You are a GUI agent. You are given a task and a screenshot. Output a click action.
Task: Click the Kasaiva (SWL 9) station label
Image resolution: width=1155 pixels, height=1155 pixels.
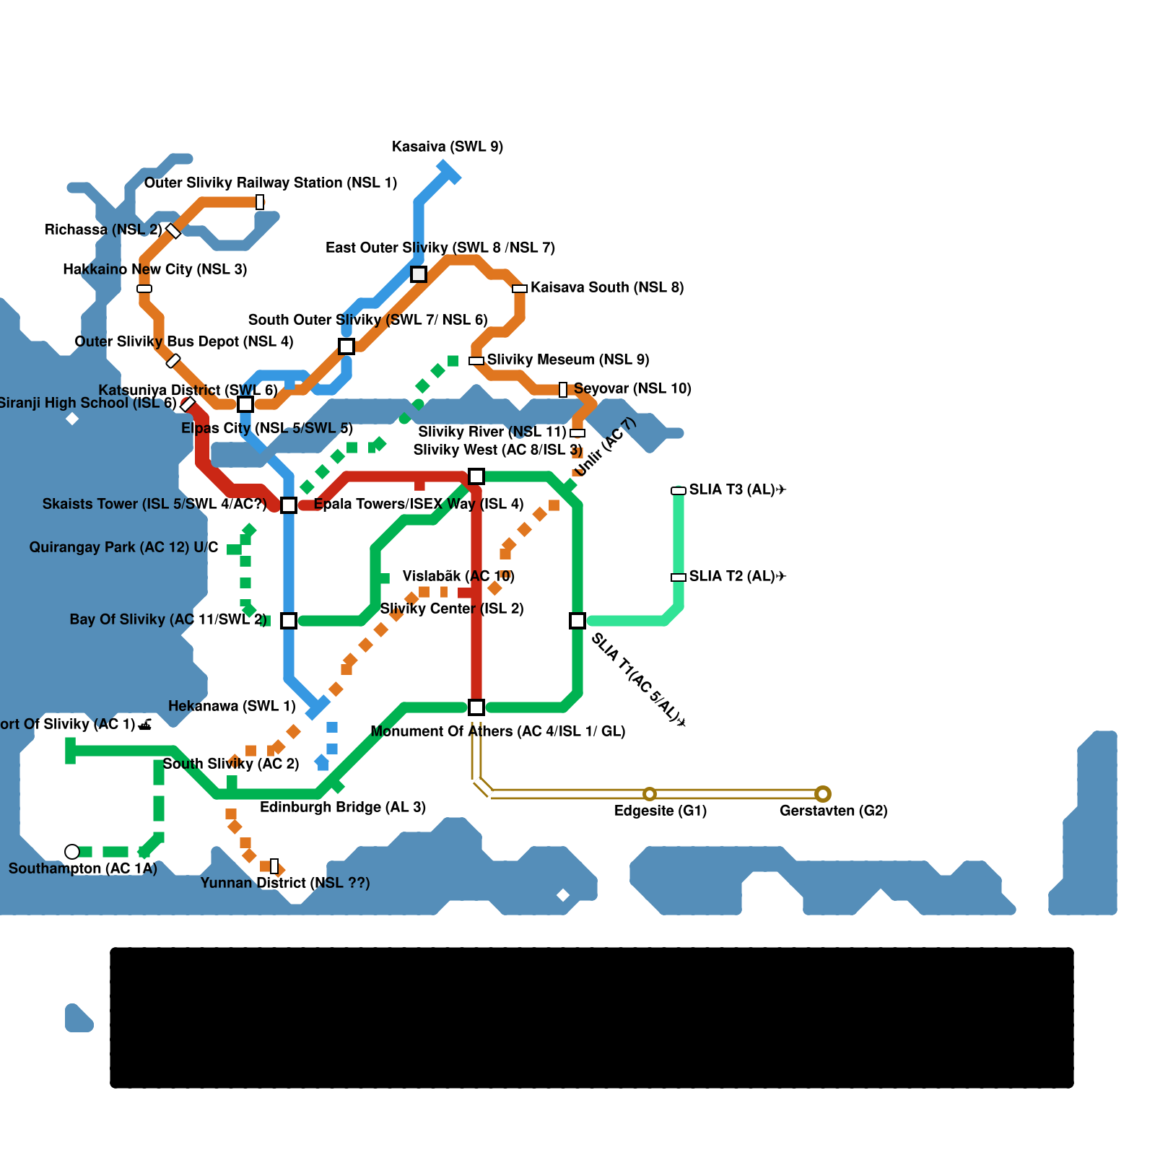point(448,147)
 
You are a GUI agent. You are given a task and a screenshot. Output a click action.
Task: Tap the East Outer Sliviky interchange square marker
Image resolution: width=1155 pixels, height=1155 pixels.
point(419,274)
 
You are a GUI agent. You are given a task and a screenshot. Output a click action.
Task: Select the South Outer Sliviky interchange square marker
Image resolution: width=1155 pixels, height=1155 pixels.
point(346,346)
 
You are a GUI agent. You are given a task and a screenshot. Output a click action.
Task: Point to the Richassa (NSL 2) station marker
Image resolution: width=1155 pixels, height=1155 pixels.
point(173,231)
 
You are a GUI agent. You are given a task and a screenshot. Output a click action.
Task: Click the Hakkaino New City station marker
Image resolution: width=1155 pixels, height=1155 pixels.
point(144,289)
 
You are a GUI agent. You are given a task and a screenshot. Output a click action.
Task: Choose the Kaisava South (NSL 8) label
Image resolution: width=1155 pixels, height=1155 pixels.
point(607,287)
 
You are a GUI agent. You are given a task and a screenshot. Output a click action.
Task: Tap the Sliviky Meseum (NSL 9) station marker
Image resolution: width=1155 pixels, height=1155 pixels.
point(476,361)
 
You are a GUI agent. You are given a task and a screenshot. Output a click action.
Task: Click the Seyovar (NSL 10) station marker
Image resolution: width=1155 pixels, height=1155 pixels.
point(563,390)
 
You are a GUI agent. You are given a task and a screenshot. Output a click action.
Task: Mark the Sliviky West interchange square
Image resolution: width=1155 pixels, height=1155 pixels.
point(476,476)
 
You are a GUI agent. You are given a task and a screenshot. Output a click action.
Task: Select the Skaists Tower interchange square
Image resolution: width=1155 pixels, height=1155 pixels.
point(289,505)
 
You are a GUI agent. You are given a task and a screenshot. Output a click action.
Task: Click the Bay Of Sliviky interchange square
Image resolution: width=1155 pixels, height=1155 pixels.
point(289,621)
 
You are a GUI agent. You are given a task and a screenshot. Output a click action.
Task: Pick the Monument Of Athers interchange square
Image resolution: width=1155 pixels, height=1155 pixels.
point(476,707)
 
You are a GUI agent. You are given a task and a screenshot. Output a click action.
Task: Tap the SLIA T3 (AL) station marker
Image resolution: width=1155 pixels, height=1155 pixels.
point(679,491)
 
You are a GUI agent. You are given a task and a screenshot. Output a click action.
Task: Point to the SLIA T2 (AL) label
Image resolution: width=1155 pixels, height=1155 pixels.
point(737,576)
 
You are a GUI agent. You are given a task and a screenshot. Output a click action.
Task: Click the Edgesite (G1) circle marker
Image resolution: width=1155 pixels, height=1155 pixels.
point(650,794)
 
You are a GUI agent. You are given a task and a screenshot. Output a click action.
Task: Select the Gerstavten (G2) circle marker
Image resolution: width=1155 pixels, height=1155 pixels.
point(823,794)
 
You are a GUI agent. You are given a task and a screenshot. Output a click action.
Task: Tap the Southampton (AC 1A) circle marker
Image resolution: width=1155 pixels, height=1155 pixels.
point(72,852)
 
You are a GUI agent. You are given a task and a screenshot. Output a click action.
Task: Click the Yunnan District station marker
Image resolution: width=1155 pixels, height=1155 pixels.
point(274,866)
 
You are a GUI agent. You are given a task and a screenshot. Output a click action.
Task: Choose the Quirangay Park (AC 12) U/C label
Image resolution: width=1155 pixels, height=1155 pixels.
point(123,547)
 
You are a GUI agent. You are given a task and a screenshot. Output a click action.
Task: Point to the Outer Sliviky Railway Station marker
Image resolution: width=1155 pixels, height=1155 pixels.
point(260,202)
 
